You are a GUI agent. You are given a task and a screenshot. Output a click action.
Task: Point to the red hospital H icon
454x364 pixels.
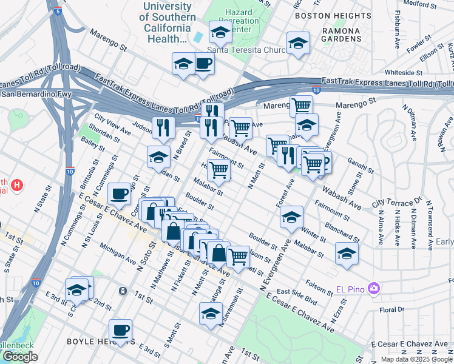[x=18, y=184]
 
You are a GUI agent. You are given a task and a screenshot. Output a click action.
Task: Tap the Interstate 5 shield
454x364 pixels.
[x=57, y=11]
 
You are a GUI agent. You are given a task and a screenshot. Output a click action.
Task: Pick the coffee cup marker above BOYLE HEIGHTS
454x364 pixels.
[x=120, y=330]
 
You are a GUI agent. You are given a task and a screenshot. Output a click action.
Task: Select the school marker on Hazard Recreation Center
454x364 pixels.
[x=220, y=32]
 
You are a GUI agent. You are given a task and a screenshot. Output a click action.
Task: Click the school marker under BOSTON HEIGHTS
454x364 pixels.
[x=298, y=42]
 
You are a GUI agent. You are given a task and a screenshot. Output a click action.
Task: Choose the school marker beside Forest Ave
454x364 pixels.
[x=291, y=217]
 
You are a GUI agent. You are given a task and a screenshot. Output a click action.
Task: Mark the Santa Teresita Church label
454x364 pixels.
[x=246, y=50]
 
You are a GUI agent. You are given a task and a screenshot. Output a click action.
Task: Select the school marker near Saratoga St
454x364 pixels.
[x=211, y=314]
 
